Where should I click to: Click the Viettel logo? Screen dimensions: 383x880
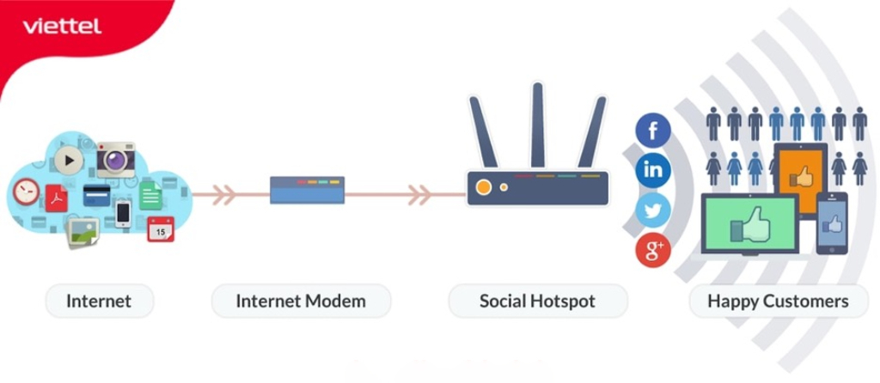(62, 26)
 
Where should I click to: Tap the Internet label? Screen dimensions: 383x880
(99, 301)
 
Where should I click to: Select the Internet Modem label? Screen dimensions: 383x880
(300, 301)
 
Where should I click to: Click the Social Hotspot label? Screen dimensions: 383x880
(537, 301)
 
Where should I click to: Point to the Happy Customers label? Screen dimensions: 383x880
(778, 301)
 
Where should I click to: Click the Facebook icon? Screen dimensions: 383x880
(653, 131)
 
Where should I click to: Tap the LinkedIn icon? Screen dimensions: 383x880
(653, 169)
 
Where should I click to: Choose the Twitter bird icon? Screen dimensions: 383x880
(653, 210)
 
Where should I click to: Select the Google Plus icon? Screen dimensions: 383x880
(653, 250)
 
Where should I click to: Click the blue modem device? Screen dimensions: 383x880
(307, 189)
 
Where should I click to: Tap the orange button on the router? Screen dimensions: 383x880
(484, 186)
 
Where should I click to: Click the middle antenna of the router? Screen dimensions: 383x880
(538, 125)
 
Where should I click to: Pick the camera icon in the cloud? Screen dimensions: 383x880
(115, 159)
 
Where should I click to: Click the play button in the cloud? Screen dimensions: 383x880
(69, 159)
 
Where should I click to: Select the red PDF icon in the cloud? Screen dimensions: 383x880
(57, 198)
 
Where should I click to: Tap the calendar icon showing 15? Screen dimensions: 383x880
(160, 228)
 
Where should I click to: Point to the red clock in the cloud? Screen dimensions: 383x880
(26, 191)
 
